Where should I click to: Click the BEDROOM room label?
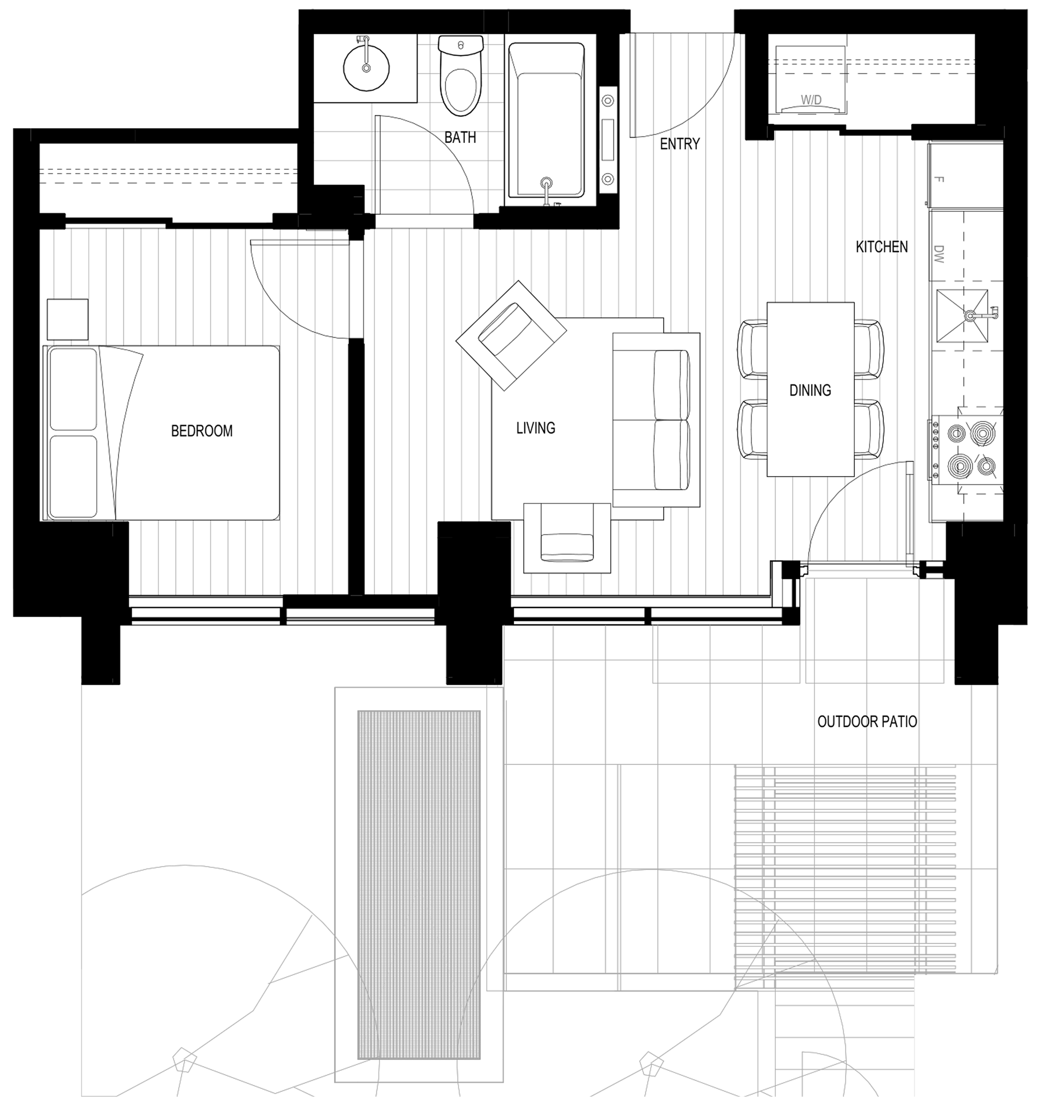202,431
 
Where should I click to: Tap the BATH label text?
460,137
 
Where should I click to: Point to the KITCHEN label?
882,247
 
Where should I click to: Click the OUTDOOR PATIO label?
867,722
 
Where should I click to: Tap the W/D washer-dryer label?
811,101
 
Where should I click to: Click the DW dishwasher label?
939,254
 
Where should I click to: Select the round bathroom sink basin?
366,68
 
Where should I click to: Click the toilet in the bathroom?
460,76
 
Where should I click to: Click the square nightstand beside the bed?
68,319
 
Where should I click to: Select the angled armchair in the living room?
511,336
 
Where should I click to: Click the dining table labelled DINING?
810,390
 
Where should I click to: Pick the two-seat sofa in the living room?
656,420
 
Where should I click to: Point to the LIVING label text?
535,428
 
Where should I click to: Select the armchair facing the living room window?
567,538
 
